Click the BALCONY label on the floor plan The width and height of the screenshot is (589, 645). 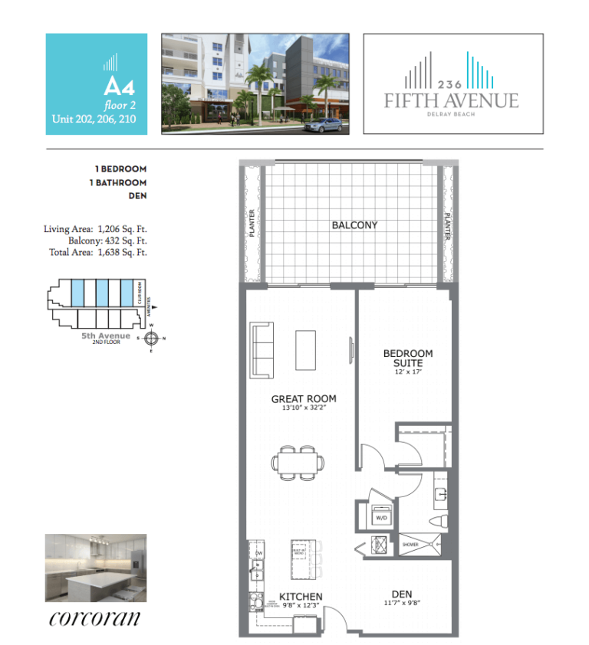coord(354,225)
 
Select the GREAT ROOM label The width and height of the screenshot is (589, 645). coord(304,399)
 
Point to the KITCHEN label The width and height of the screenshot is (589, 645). coord(300,596)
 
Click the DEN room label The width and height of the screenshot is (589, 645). coord(402,594)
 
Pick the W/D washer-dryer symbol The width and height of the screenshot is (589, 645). coord(381,517)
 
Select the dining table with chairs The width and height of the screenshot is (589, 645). coord(297,463)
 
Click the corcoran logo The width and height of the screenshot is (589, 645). coord(94,617)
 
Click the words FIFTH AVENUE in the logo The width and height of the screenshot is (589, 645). coord(452,100)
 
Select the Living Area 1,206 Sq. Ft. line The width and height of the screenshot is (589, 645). coord(95,228)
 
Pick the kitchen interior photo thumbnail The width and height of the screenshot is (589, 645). coord(95,567)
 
